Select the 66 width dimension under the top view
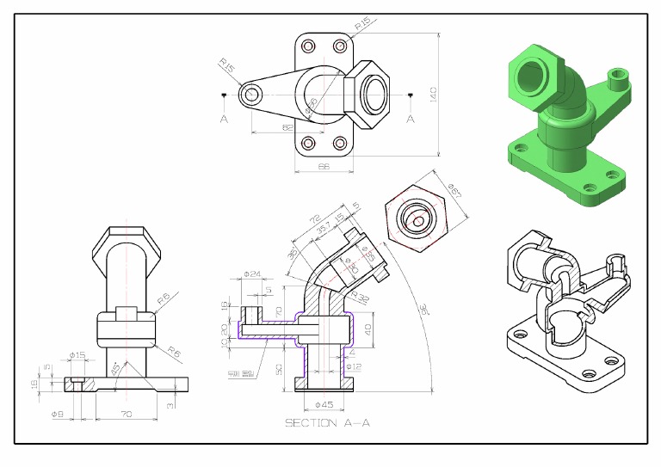pyautogui.click(x=324, y=165)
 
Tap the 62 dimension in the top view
pyautogui.click(x=287, y=127)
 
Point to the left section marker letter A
pyautogui.click(x=224, y=118)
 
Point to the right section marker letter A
pyautogui.click(x=410, y=118)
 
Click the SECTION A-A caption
pyautogui.click(x=326, y=422)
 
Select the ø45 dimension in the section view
pyautogui.click(x=324, y=404)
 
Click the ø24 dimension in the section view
pyautogui.click(x=251, y=274)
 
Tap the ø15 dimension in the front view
pyautogui.click(x=77, y=355)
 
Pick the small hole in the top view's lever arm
pyautogui.click(x=250, y=94)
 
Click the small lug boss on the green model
pyautogui.click(x=617, y=77)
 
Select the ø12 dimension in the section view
pyautogui.click(x=353, y=366)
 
